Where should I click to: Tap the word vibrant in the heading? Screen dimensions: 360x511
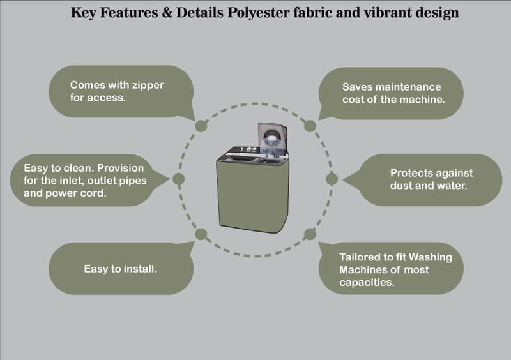[398, 12]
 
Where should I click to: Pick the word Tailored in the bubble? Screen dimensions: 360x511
[360, 257]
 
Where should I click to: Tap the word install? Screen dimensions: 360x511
[141, 269]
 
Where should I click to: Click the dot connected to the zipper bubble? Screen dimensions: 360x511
[201, 125]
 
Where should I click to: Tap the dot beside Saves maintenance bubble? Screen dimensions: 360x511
[310, 126]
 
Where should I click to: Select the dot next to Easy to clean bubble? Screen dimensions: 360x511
[179, 179]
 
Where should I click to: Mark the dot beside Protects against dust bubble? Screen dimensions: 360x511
[332, 179]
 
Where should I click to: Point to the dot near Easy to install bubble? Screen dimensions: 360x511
[201, 234]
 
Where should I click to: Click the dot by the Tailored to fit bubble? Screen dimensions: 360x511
[310, 233]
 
